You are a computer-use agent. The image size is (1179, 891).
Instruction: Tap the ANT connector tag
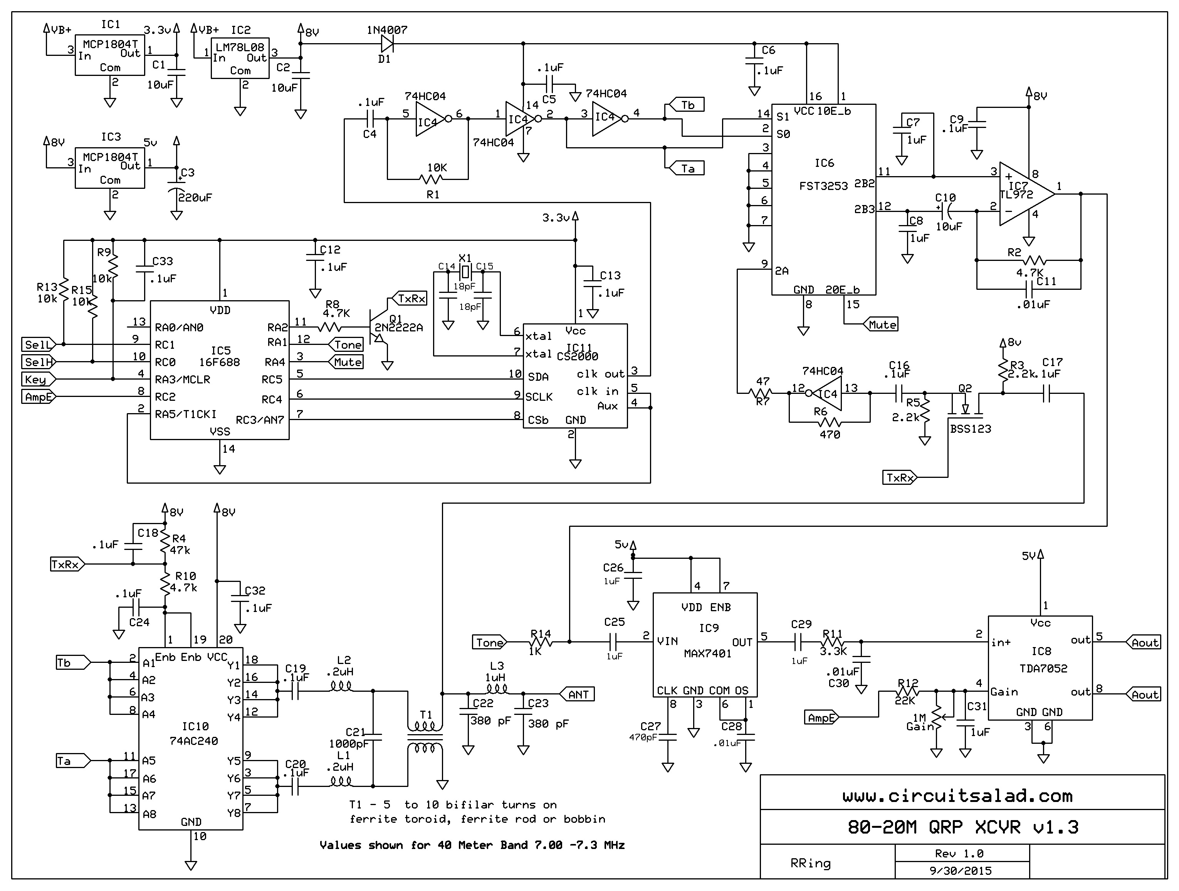577,694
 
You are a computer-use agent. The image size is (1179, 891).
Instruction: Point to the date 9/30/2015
961,871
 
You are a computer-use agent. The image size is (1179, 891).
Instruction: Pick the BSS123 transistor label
971,429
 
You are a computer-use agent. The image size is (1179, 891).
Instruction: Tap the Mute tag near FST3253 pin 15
882,325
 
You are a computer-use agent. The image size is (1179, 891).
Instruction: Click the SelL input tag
38,345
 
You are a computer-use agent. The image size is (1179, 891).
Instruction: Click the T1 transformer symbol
425,738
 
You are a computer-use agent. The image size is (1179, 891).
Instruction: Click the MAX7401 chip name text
707,654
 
